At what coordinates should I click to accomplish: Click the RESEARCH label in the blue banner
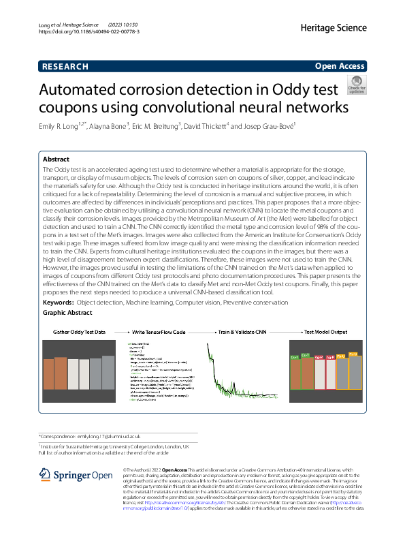tap(65, 67)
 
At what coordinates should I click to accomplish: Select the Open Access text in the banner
tap(340, 67)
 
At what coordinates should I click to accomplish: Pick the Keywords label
tap(58, 301)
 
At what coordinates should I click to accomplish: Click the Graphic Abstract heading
tap(67, 312)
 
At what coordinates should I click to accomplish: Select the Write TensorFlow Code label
tap(159, 332)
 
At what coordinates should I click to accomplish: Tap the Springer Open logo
tap(76, 475)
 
